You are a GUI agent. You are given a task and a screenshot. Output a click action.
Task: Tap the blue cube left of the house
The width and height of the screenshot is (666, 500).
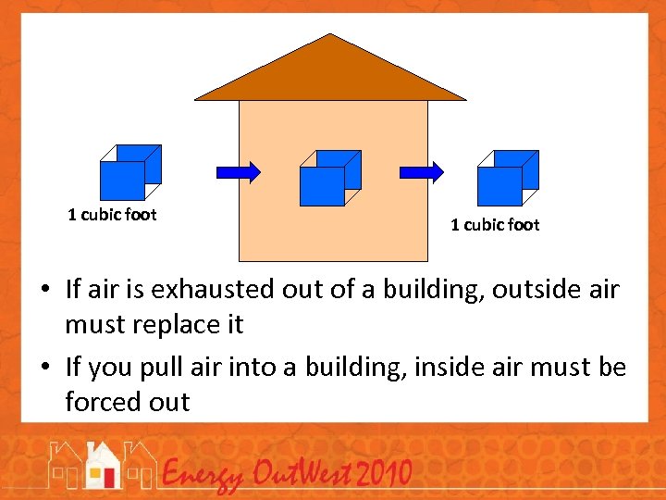click(129, 173)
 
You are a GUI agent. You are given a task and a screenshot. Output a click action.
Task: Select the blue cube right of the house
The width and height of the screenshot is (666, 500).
click(507, 179)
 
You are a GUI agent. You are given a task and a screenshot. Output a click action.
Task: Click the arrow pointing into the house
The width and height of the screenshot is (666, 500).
click(238, 171)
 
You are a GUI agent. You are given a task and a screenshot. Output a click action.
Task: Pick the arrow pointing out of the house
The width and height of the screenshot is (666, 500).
click(421, 172)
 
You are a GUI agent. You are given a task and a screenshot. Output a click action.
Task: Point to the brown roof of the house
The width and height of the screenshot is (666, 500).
click(330, 74)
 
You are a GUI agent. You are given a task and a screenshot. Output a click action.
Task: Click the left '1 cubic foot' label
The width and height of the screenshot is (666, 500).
click(112, 215)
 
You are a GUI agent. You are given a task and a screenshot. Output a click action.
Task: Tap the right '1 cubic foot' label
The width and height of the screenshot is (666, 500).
click(495, 224)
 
